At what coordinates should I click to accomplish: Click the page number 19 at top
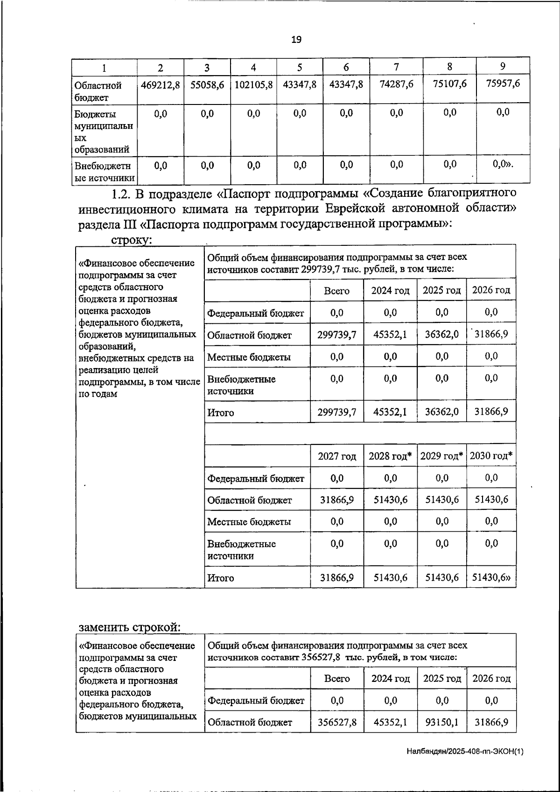coord(296,40)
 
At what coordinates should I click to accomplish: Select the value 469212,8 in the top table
coord(161,85)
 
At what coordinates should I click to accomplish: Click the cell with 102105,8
coord(253,85)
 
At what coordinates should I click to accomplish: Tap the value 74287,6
coord(396,84)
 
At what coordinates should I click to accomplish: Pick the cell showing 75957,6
coord(503,83)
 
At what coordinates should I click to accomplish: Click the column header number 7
coord(396,67)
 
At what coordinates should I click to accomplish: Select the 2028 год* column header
coord(390,456)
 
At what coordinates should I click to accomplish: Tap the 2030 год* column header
coord(491,456)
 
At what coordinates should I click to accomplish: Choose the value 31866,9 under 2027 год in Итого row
coord(337,577)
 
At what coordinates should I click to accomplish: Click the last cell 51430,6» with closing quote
coord(491,577)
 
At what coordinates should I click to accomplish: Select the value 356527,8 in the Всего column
coord(337,723)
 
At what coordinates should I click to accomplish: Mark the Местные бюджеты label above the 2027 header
coord(249,357)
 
